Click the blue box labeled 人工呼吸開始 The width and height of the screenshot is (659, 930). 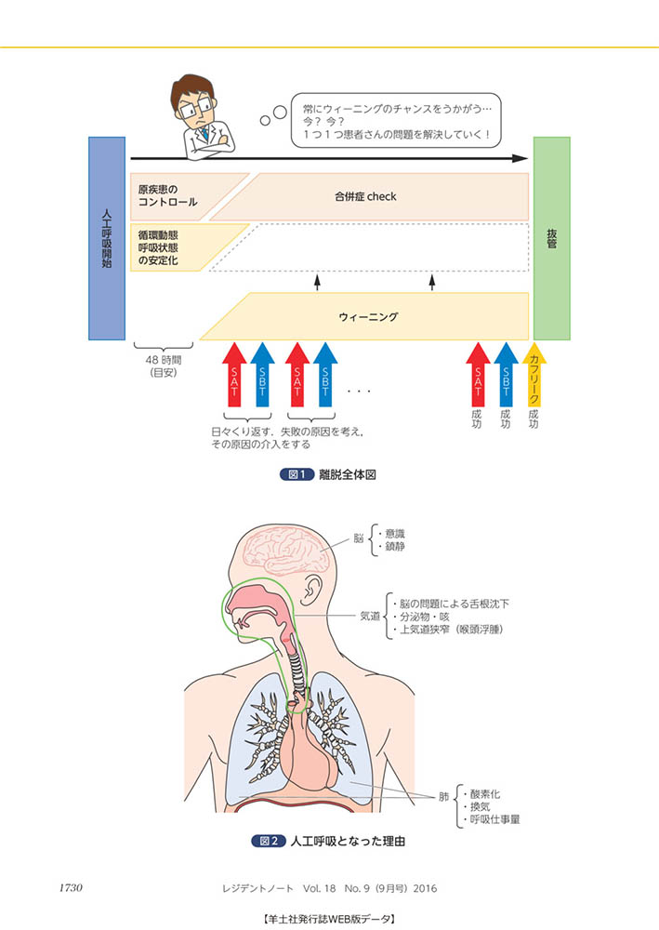pyautogui.click(x=107, y=238)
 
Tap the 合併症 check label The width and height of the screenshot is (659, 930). pyautogui.click(x=365, y=196)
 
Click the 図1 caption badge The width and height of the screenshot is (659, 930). pyautogui.click(x=297, y=474)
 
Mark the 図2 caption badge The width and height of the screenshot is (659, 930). pyautogui.click(x=270, y=842)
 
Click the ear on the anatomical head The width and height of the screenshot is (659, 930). pyautogui.click(x=313, y=604)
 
